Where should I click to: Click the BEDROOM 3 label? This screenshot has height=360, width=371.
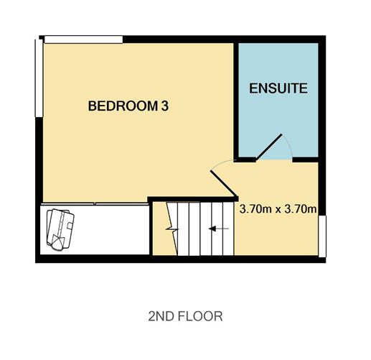click(x=133, y=106)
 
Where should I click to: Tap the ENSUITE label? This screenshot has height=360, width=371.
click(x=278, y=89)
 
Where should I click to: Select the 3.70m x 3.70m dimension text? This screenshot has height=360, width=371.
click(x=278, y=211)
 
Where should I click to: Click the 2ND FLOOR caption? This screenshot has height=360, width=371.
click(x=185, y=315)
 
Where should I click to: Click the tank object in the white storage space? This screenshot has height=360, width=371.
click(x=60, y=228)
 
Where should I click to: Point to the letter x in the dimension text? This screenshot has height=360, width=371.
click(x=277, y=211)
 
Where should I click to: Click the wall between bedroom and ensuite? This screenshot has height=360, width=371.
click(x=235, y=101)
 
